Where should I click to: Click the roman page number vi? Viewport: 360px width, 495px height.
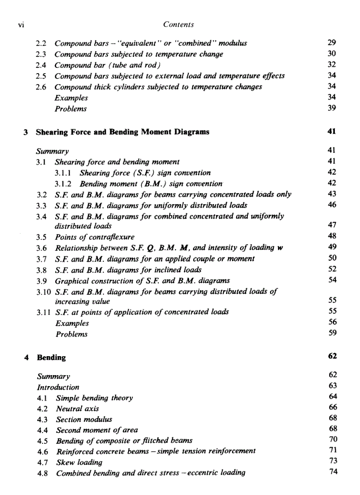(x=20, y=25)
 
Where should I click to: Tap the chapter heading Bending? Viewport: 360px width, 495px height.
(x=51, y=357)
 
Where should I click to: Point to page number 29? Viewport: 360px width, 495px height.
(x=332, y=43)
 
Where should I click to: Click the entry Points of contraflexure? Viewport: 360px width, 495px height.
(x=94, y=237)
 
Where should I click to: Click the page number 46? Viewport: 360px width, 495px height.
(x=332, y=205)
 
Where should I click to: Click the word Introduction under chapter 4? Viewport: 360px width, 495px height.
(x=58, y=387)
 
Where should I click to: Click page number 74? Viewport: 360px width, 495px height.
(x=333, y=472)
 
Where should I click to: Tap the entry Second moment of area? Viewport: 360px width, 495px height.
(x=97, y=430)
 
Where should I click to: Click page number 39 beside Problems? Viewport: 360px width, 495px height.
(x=332, y=108)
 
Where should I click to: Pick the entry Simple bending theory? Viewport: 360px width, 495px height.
(x=94, y=398)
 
